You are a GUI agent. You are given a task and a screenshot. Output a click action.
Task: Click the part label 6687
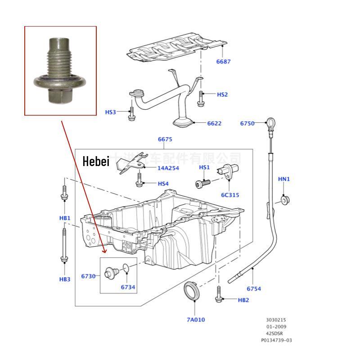pos(223,62)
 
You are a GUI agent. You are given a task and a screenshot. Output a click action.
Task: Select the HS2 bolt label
pos(222,94)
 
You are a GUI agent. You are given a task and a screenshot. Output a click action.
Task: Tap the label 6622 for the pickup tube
pos(214,123)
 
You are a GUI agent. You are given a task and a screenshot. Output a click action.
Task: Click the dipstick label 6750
pos(247,123)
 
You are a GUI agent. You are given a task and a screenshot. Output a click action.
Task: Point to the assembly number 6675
pos(165,139)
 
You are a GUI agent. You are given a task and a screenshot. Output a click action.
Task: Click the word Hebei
pos(96,162)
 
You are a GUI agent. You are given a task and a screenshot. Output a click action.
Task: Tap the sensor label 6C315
pos(229,195)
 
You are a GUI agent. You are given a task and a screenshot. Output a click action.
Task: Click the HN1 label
pos(284,179)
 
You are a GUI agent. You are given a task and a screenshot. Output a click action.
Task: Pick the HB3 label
pos(65,279)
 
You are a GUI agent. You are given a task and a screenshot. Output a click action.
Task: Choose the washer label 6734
pos(128,287)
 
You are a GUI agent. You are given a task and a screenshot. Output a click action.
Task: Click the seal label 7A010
pos(196,319)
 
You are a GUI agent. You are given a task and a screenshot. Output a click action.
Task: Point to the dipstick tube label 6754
pos(253,288)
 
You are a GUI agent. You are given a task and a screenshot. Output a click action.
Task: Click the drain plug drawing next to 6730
pos(110,273)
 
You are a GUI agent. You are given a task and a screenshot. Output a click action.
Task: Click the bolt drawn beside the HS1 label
pos(202,183)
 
